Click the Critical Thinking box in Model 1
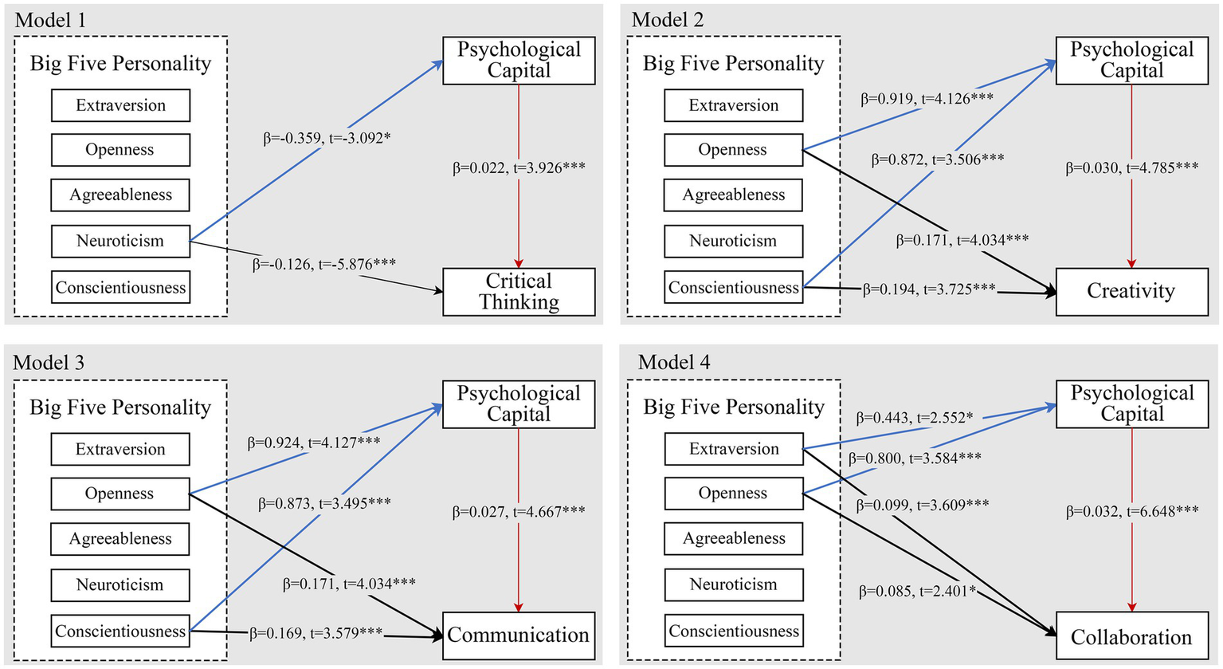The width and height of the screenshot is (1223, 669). (519, 292)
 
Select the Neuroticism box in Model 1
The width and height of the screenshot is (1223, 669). (120, 241)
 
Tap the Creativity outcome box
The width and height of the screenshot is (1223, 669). (1131, 292)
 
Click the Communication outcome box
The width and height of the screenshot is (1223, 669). (519, 636)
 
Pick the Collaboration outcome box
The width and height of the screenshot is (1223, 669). (1131, 637)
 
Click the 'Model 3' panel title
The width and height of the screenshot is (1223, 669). (49, 363)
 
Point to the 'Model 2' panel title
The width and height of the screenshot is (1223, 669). (668, 20)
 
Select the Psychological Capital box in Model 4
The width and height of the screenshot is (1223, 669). (1131, 403)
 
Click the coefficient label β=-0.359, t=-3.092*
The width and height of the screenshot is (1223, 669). (327, 138)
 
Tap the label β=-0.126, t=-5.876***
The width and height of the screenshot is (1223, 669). (324, 264)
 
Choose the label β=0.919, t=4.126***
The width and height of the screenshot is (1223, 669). (927, 100)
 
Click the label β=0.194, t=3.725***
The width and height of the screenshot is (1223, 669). (929, 289)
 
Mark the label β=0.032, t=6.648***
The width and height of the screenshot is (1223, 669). (1131, 512)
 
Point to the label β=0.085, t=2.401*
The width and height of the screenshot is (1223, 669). (917, 592)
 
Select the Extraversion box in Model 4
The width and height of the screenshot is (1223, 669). (734, 449)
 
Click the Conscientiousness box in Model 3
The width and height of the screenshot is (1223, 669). (120, 632)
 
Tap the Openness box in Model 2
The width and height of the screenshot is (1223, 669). (733, 150)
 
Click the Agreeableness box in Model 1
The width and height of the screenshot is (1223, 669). (120, 195)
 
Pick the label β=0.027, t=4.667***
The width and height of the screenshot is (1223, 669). (519, 512)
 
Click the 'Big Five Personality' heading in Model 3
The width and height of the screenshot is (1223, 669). (120, 407)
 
